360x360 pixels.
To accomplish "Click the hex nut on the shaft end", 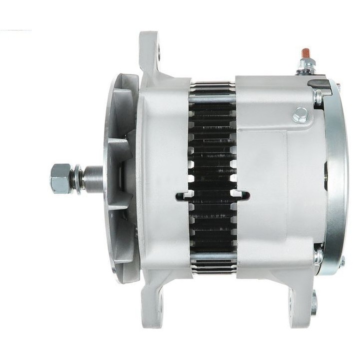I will coord(60,178).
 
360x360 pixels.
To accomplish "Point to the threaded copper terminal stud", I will coord(305,53).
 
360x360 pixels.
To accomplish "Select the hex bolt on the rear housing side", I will coord(300,114).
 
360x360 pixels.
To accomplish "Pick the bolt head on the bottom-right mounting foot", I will coord(313,302).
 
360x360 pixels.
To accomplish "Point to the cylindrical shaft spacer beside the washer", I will coord(92,178).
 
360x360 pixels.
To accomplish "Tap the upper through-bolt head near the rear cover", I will coord(318,97).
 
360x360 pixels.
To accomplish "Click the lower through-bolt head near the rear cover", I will coord(318,256).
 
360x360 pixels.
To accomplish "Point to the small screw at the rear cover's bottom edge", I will coord(343,260).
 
